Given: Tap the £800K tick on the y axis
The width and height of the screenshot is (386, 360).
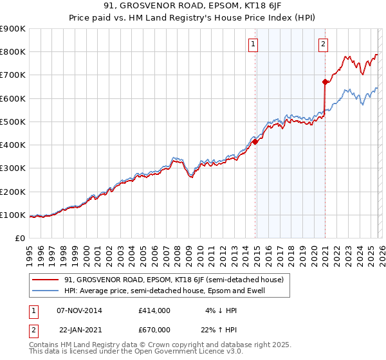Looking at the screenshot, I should click(12, 52).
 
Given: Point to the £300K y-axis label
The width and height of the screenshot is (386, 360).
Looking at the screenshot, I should click(12, 168).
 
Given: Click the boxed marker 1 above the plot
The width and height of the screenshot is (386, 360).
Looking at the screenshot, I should click(253, 44).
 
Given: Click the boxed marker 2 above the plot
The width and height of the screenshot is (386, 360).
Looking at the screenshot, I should click(323, 44).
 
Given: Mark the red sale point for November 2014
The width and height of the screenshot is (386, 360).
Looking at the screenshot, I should click(255, 142).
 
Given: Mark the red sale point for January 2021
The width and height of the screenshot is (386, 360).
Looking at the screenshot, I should click(326, 82).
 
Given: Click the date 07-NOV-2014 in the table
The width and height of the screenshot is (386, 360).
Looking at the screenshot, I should click(78, 310).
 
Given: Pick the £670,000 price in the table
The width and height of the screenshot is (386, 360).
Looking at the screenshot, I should click(154, 329).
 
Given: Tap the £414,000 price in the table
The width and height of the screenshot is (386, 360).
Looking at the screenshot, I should click(154, 310).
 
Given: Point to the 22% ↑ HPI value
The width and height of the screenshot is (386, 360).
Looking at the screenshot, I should click(219, 329).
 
